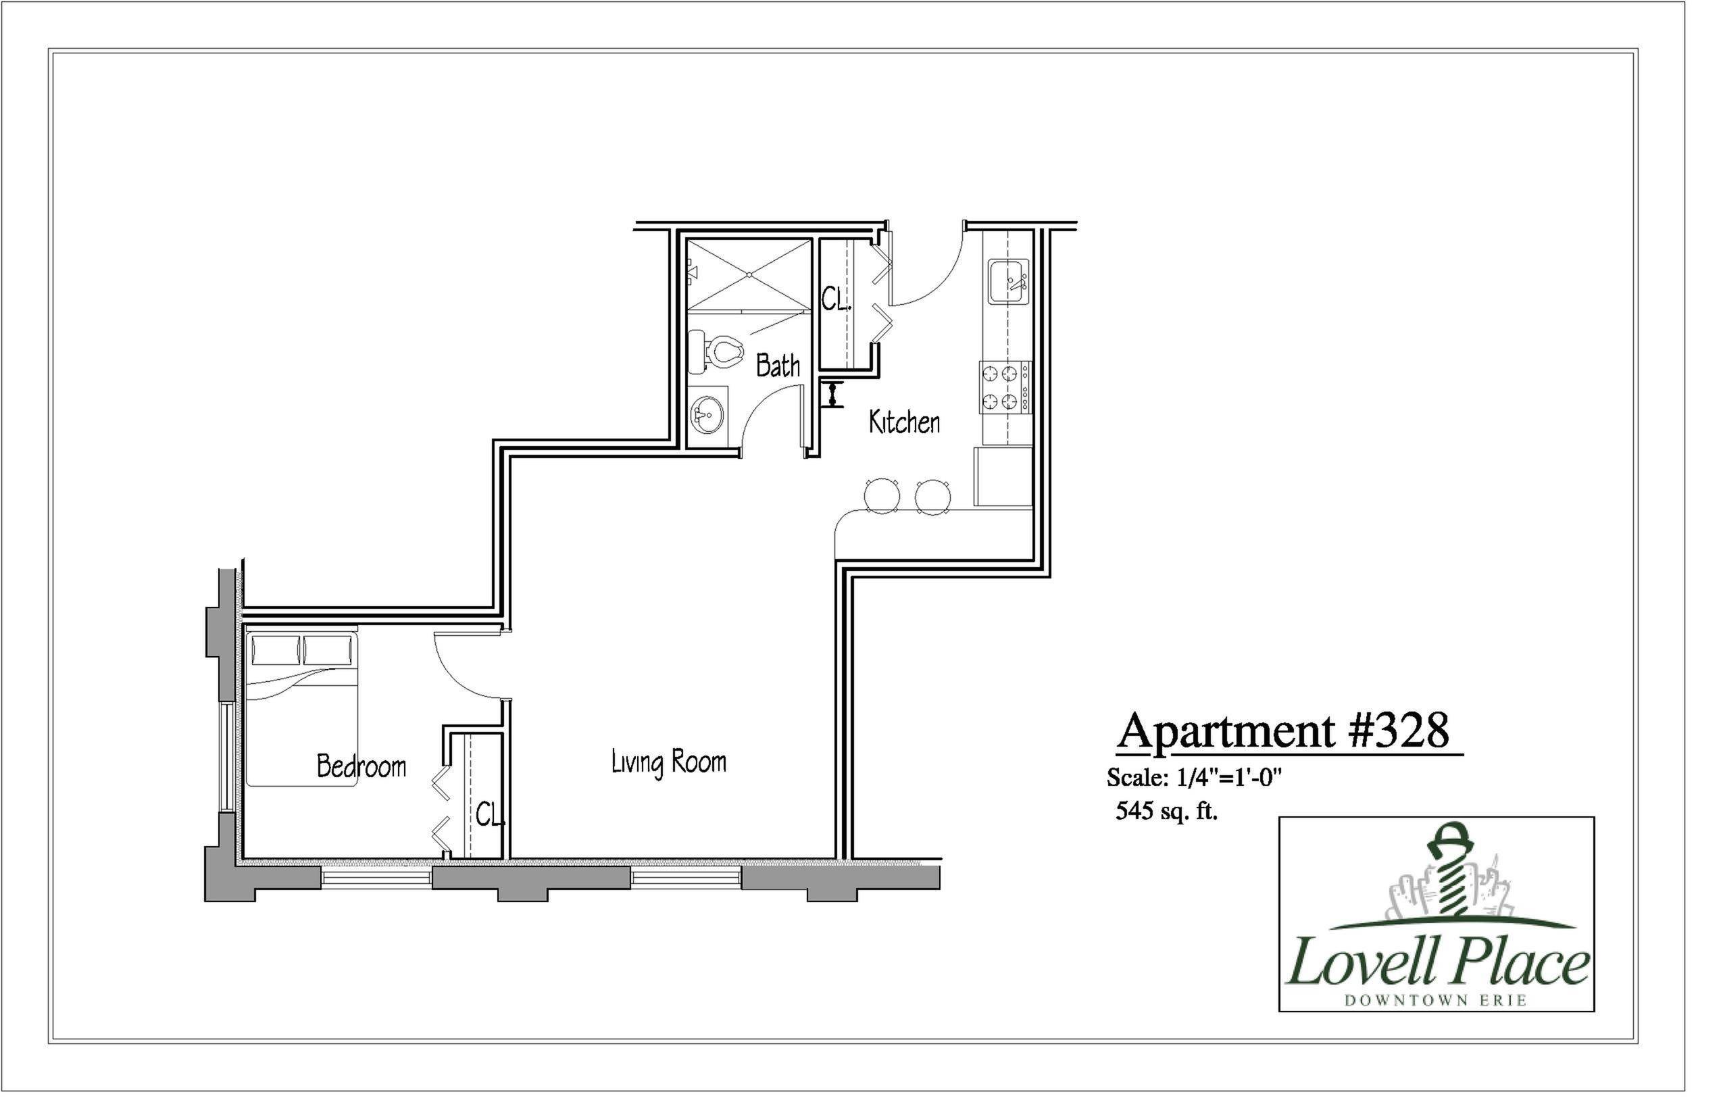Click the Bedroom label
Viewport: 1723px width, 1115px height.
pyautogui.click(x=361, y=767)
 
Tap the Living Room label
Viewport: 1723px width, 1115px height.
pyautogui.click(x=668, y=763)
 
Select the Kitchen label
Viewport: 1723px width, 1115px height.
pyautogui.click(x=904, y=422)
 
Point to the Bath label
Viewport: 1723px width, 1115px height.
pyautogui.click(x=778, y=366)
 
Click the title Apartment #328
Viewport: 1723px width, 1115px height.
pyautogui.click(x=1283, y=731)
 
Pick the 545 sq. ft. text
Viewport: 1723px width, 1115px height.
pyautogui.click(x=1166, y=812)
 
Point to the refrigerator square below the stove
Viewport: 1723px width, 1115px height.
pyautogui.click(x=1003, y=476)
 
